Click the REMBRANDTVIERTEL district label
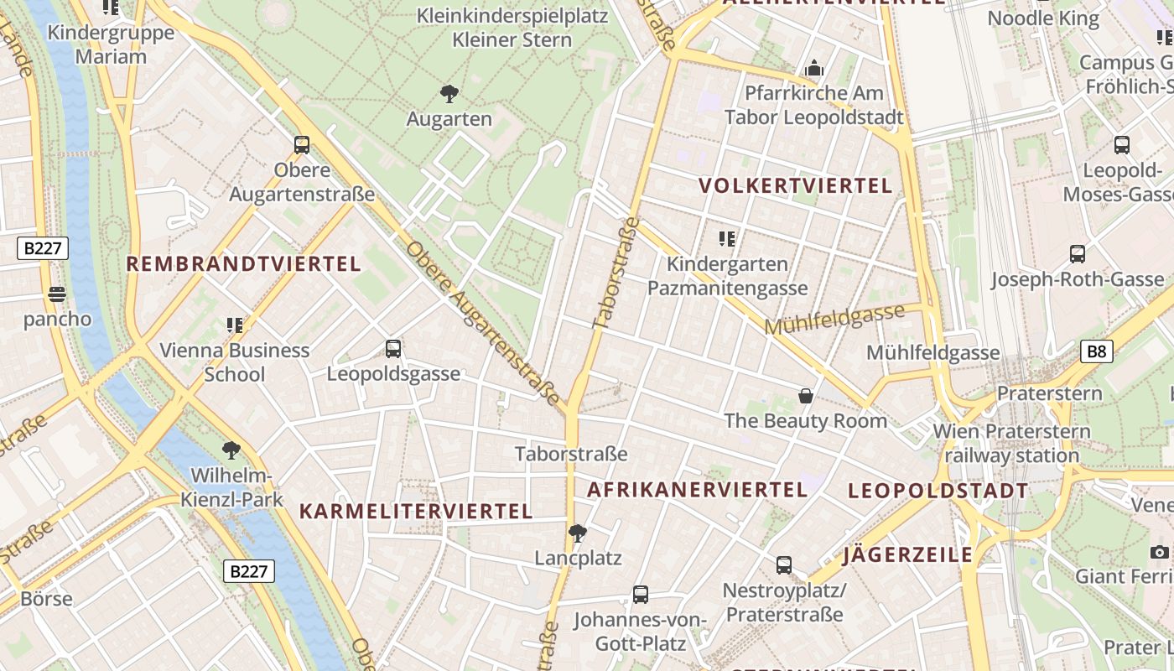point(243,264)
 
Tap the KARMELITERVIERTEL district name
point(416,511)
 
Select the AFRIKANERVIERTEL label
point(697,489)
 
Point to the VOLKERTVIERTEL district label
point(796,186)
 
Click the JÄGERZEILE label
point(908,554)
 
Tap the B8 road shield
point(1097,351)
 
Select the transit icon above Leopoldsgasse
point(392,349)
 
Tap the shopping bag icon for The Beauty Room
point(806,396)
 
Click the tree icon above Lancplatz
point(578,533)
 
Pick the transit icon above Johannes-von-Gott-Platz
point(641,595)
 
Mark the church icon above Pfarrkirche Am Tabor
point(813,68)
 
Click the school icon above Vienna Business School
point(234,325)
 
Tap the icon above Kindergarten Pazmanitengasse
point(727,239)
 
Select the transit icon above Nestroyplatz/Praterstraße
point(784,565)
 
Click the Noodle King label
point(1043,18)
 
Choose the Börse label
point(46,599)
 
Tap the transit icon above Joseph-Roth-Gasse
point(1078,253)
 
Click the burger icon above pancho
point(57,294)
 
